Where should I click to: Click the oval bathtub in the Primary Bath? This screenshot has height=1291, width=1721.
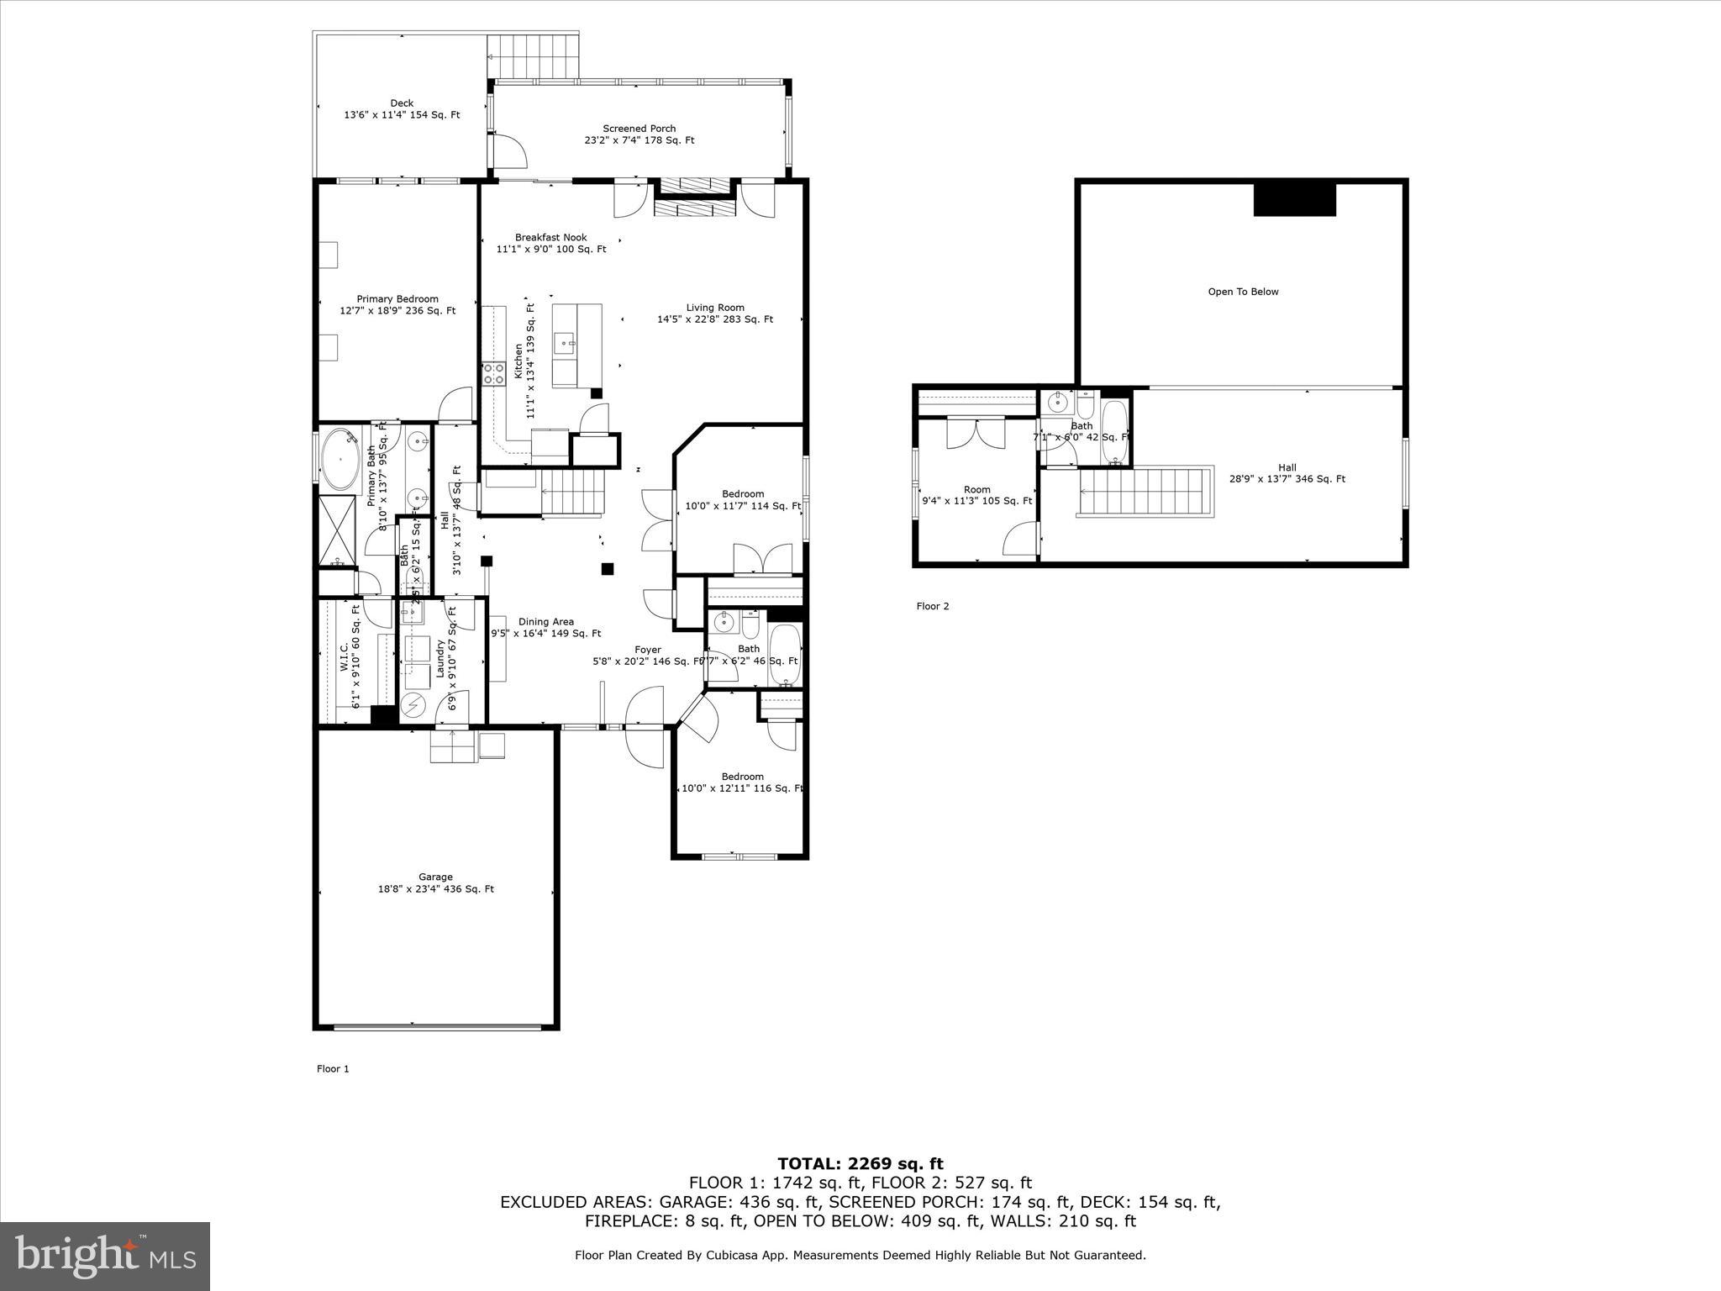pos(340,460)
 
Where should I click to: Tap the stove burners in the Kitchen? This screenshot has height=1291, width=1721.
pos(493,373)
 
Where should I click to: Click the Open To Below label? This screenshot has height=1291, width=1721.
pos(1243,292)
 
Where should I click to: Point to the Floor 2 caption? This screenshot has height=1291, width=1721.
pos(932,606)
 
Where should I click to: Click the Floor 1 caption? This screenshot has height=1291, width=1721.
pos(332,1069)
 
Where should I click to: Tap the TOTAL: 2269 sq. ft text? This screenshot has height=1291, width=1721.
pos(860,1164)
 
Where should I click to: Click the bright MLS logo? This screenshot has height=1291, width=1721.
pos(105,1257)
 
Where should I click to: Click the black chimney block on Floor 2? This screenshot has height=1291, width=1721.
pos(1294,200)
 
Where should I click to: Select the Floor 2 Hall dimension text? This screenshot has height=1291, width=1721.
pos(1287,479)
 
